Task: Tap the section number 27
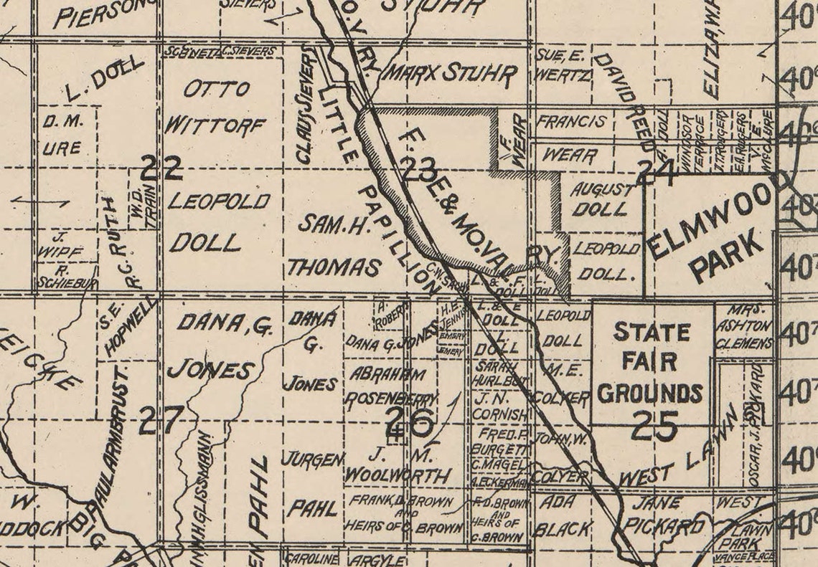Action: pyautogui.click(x=161, y=420)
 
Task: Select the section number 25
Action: pyautogui.click(x=654, y=427)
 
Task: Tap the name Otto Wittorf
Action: pyautogui.click(x=215, y=108)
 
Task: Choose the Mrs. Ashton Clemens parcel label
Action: pyautogui.click(x=743, y=327)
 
